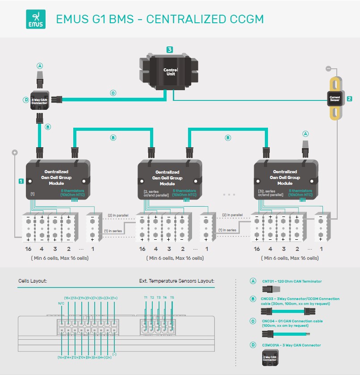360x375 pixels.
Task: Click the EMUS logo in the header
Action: (x=36, y=19)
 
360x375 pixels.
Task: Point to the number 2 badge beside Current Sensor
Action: (x=350, y=99)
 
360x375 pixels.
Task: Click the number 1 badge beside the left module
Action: (x=21, y=181)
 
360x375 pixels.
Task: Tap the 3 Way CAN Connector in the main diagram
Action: (x=40, y=101)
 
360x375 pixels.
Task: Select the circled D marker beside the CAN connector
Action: (x=25, y=100)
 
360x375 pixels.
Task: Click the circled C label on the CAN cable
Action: (x=113, y=93)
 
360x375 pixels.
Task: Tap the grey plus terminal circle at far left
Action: (x=15, y=152)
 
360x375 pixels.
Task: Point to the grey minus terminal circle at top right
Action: (x=328, y=68)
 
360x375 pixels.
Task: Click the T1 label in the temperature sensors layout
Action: (x=146, y=297)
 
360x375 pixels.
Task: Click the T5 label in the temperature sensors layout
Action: (x=172, y=297)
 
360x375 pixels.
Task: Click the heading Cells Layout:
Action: (x=33, y=281)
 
